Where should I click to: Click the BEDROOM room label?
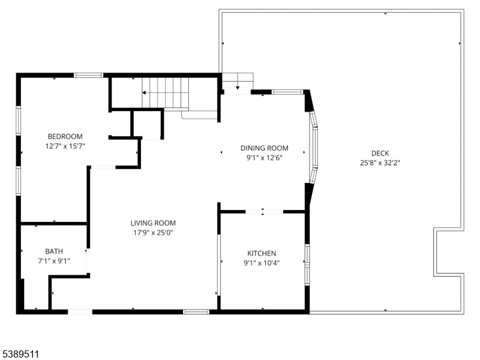tap(65, 136)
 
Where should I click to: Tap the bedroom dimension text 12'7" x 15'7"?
tap(65, 146)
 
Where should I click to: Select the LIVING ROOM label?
tap(154, 223)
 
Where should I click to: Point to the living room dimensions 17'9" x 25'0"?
tap(154, 232)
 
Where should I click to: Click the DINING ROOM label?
tap(264, 148)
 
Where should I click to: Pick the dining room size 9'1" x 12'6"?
tap(264, 158)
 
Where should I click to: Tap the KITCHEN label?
tap(262, 253)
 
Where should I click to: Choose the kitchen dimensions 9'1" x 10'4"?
tap(262, 263)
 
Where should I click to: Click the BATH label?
tap(54, 251)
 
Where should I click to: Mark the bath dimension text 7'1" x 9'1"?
tap(54, 261)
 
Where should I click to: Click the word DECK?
tap(380, 152)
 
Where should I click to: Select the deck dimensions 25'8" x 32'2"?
tap(380, 162)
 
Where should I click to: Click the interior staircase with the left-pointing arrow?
tap(165, 92)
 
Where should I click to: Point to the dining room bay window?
tap(314, 147)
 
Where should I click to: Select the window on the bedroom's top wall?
tap(88, 75)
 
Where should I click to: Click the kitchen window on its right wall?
tap(307, 263)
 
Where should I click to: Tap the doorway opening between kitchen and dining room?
tap(264, 211)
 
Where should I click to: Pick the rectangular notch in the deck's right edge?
tap(449, 251)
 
